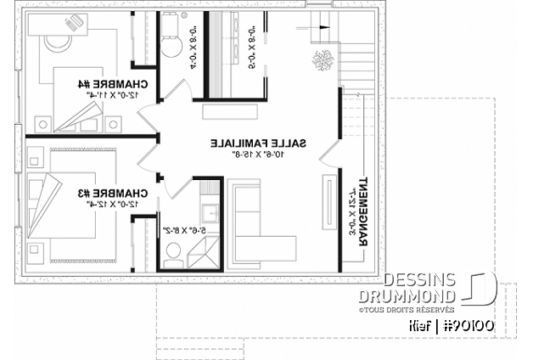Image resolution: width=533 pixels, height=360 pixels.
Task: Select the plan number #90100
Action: [x=470, y=325]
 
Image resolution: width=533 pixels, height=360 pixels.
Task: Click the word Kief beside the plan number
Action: [x=419, y=325]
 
